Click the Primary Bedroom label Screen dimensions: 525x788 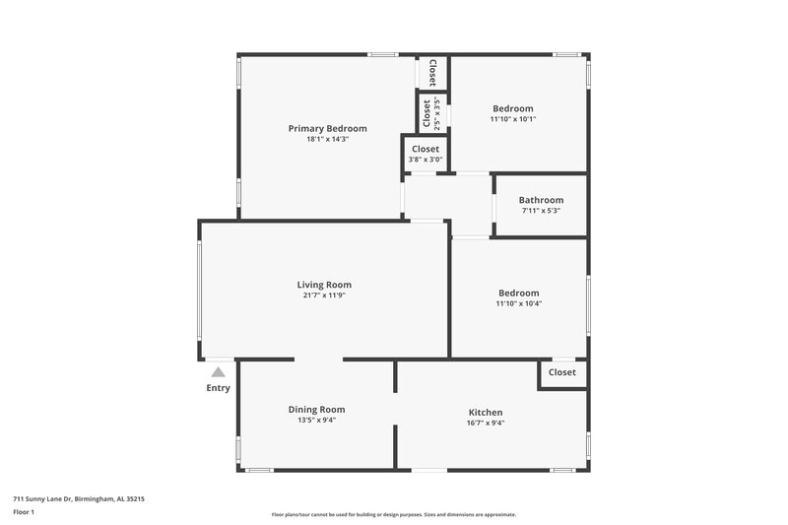(327, 128)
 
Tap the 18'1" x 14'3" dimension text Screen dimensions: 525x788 (327, 140)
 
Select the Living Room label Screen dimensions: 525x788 (324, 285)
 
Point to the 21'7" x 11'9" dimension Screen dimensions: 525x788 (324, 295)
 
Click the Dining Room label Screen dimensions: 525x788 (316, 409)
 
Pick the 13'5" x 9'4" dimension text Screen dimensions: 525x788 (316, 421)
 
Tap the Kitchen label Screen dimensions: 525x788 (485, 412)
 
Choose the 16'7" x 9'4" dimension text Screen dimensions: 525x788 (485, 424)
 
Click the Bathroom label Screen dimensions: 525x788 (541, 200)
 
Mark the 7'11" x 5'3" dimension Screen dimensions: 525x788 (541, 211)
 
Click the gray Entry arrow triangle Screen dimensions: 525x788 (218, 371)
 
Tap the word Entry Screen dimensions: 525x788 (218, 388)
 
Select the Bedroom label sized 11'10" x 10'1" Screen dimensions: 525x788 (512, 108)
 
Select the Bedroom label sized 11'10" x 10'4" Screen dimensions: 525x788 (518, 293)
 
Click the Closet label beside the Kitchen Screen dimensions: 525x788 (561, 372)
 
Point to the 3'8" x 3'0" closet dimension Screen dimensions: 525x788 (425, 160)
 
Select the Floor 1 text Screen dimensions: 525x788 (24, 512)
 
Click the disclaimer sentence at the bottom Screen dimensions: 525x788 (393, 514)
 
